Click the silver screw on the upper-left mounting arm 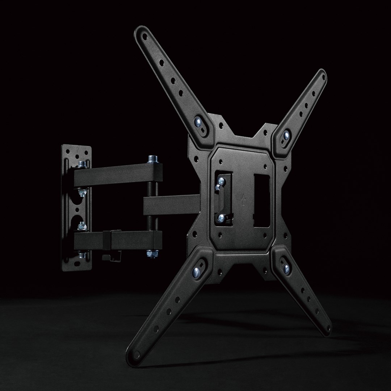198,122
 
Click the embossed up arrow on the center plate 243,199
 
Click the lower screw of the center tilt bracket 221,218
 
